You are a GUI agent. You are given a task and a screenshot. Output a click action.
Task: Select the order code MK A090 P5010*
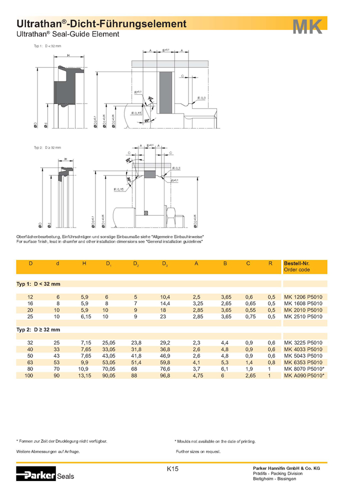pos(304,375)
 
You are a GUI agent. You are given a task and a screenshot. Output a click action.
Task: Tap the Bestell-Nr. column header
pos(297,263)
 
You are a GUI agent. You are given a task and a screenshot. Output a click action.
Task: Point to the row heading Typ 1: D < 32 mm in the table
pos(38,283)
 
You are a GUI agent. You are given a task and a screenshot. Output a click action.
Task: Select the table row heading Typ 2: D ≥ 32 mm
pos(38,329)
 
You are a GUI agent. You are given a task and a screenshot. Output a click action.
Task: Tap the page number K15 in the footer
pos(172,469)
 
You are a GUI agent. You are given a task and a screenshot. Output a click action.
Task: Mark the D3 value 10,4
pos(165,297)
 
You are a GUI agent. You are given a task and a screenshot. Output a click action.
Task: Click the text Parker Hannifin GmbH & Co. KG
pos(290,467)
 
